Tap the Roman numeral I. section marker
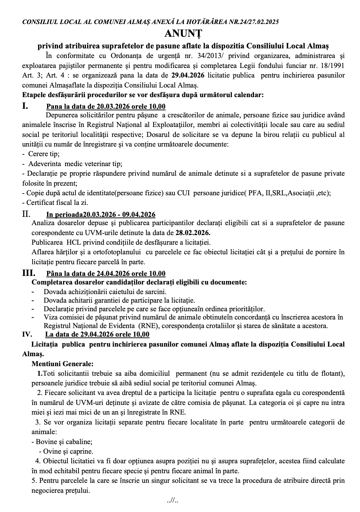25,106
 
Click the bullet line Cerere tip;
40,154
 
